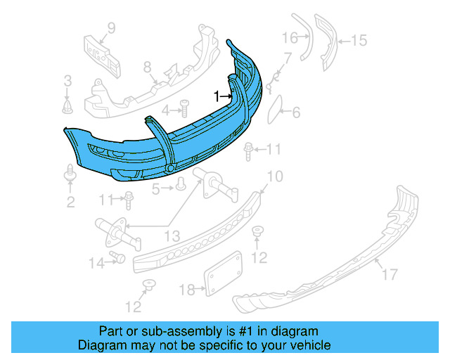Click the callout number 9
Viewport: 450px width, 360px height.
click(x=110, y=29)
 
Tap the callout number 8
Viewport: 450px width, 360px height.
click(x=148, y=68)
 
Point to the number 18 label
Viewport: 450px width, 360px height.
click(x=186, y=289)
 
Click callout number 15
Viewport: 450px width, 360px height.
click(x=359, y=41)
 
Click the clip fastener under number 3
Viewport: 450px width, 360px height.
click(x=68, y=106)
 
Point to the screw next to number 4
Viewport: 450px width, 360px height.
click(x=184, y=108)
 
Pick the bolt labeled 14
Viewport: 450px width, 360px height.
click(x=117, y=258)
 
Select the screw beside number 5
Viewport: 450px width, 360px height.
click(x=181, y=184)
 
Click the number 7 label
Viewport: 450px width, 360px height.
click(x=287, y=58)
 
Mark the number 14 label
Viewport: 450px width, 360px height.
click(x=96, y=263)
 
